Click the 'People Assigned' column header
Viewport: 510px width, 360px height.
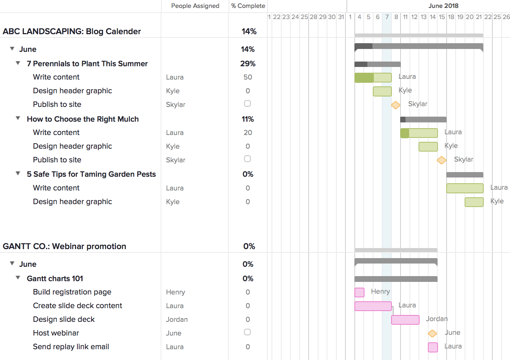[x=195, y=6]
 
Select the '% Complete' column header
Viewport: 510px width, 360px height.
[x=248, y=6]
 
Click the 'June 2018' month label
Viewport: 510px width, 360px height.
[x=443, y=6]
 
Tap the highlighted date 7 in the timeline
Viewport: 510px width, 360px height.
[x=387, y=17]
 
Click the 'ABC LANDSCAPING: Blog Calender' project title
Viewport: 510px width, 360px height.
[x=72, y=31]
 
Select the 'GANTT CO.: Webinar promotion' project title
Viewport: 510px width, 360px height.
[x=64, y=246]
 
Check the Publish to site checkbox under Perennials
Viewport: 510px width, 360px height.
[x=247, y=104]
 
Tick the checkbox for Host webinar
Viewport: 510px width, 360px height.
[x=247, y=332]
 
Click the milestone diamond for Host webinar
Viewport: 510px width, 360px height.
[x=432, y=333]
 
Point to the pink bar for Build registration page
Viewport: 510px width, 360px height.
[x=359, y=292]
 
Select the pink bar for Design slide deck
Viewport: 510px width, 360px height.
[x=405, y=320]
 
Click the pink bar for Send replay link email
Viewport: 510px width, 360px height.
[x=433, y=347]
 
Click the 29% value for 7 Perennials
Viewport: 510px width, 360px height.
[x=248, y=64]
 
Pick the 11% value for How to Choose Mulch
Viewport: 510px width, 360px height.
[x=248, y=119]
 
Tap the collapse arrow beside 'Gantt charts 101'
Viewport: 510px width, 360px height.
[x=18, y=278]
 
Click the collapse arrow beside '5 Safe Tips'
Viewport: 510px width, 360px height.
[x=18, y=174]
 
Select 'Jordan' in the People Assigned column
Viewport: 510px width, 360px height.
[x=176, y=319]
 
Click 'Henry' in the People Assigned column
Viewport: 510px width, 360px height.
[x=175, y=292]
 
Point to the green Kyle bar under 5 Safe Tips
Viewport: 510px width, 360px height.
[x=474, y=202]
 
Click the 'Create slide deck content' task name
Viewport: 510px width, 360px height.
[x=77, y=306]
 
